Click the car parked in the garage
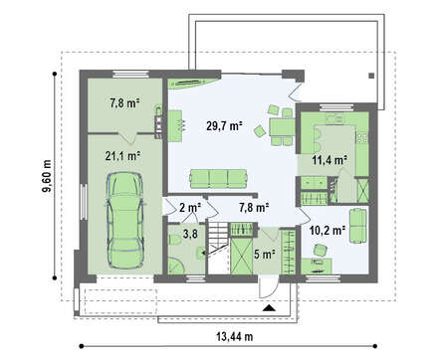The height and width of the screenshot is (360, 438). coord(125,220)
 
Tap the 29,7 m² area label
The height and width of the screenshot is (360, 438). coord(224,125)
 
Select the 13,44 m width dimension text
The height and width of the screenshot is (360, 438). coord(235,337)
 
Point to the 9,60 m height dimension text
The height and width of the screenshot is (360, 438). coord(47,176)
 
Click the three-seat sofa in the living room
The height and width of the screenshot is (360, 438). coord(218,179)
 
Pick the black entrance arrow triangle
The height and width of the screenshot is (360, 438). coord(269,308)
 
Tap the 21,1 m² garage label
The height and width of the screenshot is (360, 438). coord(122,156)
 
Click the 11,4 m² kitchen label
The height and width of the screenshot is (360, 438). coord(329,160)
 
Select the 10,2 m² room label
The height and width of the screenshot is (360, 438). coord(328,230)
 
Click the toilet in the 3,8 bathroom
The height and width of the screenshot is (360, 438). coord(174,240)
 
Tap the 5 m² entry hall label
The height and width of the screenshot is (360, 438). coord(265,255)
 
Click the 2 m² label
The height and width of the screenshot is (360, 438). coord(190,208)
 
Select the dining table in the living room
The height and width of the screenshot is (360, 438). coord(282,127)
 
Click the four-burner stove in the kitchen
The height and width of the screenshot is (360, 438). coord(362,137)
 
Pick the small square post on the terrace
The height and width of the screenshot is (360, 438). coord(371,76)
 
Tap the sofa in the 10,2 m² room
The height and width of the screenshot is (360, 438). coord(357,226)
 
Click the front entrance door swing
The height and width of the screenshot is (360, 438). coord(268,288)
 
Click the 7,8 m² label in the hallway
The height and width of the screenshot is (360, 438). coord(254,208)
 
